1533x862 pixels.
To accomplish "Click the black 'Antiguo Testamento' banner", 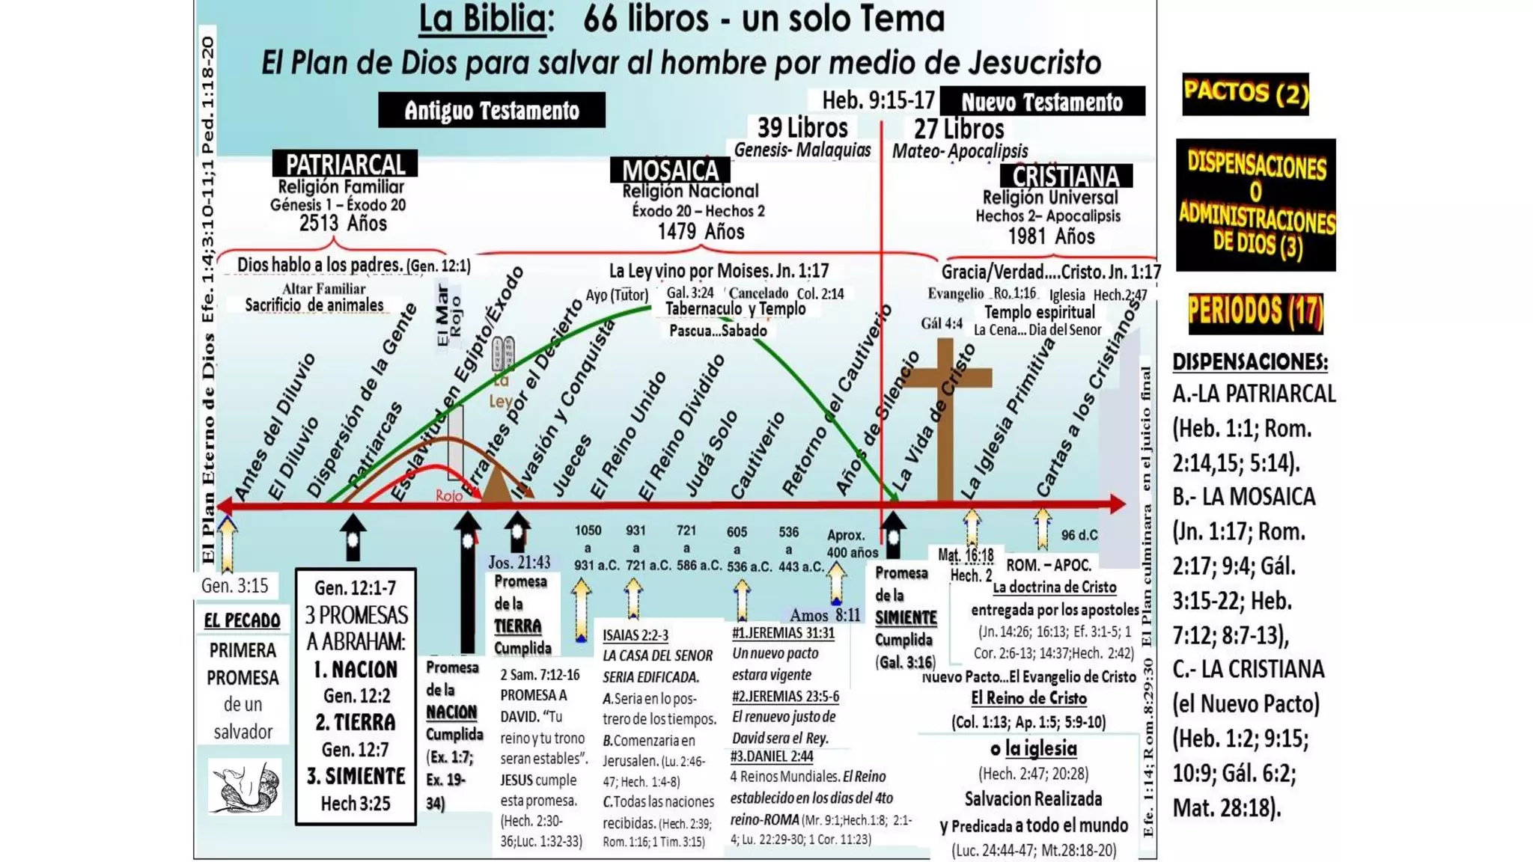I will (x=492, y=110).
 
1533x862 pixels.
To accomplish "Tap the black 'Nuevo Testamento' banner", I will (x=1042, y=102).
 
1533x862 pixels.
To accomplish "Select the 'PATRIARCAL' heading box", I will (x=345, y=164).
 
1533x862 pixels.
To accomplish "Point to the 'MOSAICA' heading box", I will (x=670, y=170).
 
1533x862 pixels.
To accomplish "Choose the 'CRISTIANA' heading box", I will (x=1066, y=177).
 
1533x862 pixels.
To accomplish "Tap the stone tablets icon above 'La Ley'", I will (x=503, y=354).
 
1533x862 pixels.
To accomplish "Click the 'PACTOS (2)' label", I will (x=1246, y=94).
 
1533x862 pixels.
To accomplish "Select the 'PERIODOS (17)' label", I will (x=1255, y=312).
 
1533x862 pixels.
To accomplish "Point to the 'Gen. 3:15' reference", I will (x=234, y=585).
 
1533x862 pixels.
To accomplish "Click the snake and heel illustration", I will (x=245, y=787).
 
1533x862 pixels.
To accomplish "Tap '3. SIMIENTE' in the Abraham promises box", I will (x=356, y=776).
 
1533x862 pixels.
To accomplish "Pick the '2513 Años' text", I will (x=343, y=223).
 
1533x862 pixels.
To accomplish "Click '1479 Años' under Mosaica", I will (x=701, y=231).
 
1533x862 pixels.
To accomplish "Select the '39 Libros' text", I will (x=802, y=127).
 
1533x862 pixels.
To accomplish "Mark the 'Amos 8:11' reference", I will (x=825, y=615).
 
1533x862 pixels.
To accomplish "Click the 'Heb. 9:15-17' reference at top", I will (x=878, y=100).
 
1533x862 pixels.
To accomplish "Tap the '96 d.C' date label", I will (x=1079, y=535).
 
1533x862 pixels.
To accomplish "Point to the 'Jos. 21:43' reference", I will (x=519, y=562).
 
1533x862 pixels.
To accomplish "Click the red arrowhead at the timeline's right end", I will (x=1117, y=504).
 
